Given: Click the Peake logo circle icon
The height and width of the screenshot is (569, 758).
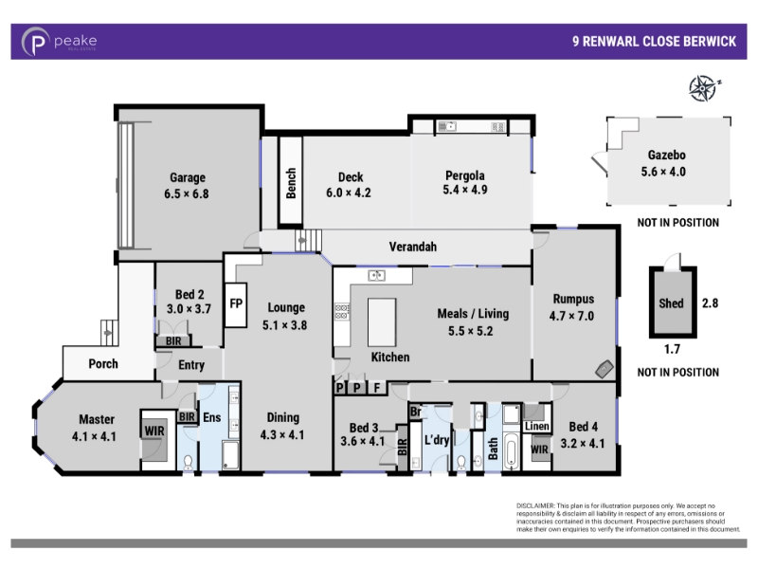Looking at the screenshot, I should click(35, 42).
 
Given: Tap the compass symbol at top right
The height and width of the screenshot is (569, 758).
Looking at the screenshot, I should click(703, 88).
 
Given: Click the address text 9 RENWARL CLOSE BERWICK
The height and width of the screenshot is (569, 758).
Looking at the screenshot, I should click(654, 42).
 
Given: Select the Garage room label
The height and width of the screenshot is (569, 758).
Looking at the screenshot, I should click(187, 177).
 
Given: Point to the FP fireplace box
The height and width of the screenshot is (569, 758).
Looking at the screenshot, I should click(236, 304).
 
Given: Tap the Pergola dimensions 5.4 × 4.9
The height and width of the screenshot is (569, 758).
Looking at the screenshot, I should click(464, 191).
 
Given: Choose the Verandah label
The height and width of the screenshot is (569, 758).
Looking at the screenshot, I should click(412, 247).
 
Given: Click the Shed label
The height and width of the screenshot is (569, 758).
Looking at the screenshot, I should click(671, 304).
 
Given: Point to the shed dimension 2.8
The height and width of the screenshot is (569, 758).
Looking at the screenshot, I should click(709, 303).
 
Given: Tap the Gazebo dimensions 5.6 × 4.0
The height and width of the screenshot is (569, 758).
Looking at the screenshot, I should click(666, 172).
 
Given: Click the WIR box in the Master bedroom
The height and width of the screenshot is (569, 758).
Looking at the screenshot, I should click(154, 430).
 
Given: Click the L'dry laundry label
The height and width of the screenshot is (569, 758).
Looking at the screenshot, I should click(437, 441).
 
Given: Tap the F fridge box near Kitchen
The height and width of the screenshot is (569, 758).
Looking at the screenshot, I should click(376, 388).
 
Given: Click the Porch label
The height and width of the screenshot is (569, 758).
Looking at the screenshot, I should click(103, 363).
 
